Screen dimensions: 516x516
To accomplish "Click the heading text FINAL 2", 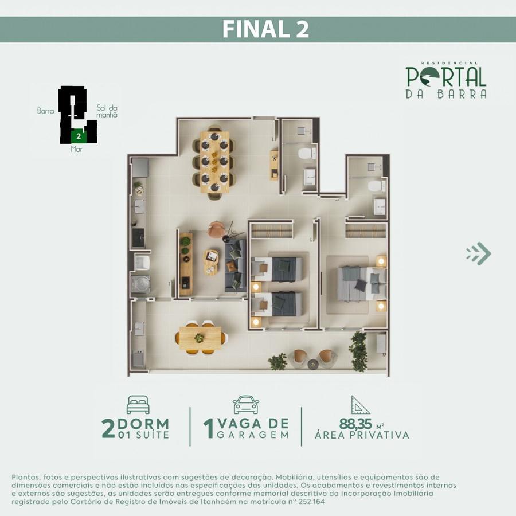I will click(265, 29).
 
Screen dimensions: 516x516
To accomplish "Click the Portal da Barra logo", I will click(446, 81).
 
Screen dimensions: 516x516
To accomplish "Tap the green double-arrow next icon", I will click(479, 253).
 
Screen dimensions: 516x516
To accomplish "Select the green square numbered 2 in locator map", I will click(78, 136).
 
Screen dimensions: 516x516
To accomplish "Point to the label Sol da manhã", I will click(107, 111).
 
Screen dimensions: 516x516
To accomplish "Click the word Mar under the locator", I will click(77, 149).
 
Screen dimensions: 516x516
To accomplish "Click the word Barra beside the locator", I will click(45, 111).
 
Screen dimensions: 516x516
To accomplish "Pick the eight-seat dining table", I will click(214, 161).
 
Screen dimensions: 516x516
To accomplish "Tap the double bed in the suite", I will click(361, 283).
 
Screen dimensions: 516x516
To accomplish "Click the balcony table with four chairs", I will click(200, 338).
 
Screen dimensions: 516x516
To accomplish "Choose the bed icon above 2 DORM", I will click(138, 404).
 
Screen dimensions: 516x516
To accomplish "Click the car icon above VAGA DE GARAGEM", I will click(246, 404).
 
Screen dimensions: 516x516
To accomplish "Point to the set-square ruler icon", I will click(360, 405).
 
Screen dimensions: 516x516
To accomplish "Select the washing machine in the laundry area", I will click(141, 284).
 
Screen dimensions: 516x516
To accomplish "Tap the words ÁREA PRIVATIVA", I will click(362, 436).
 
